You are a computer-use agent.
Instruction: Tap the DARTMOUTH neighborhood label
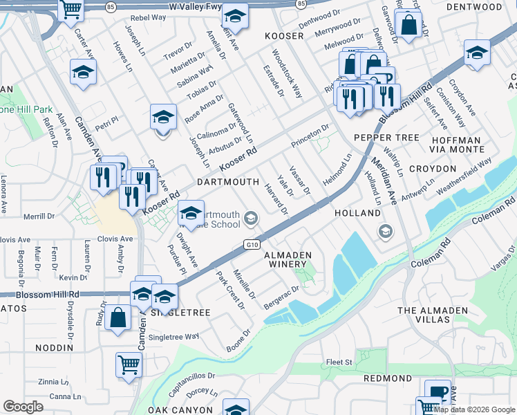pyautogui.click(x=228, y=182)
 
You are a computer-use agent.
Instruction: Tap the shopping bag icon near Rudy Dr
pyautogui.click(x=118, y=318)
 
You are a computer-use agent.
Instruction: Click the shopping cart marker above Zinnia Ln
pyautogui.click(x=129, y=365)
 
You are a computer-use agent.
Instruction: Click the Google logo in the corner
pyautogui.click(x=23, y=407)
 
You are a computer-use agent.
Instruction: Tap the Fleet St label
pyautogui.click(x=339, y=362)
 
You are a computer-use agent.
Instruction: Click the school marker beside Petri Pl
pyautogui.click(x=164, y=117)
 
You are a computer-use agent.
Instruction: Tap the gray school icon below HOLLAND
pyautogui.click(x=385, y=232)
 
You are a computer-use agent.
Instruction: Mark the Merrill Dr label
pyautogui.click(x=39, y=216)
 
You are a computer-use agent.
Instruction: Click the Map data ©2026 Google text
pyautogui.click(x=474, y=409)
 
